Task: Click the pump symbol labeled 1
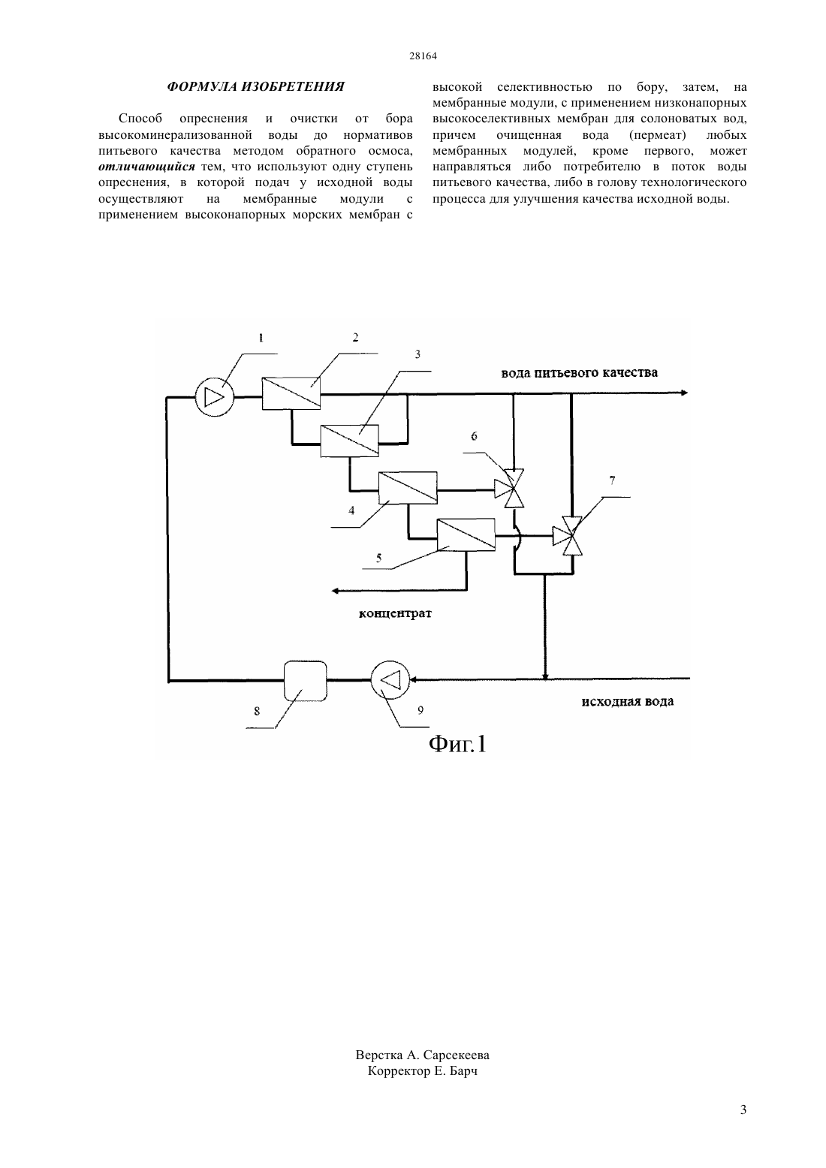click(x=214, y=397)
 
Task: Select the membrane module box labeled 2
click(x=291, y=393)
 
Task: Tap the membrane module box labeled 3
click(x=349, y=441)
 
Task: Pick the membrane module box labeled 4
click(x=408, y=487)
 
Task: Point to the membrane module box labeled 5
click(x=466, y=534)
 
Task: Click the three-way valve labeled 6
click(x=514, y=489)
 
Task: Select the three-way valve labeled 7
click(x=571, y=535)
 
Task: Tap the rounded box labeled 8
click(x=305, y=681)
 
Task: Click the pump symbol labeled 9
click(x=390, y=680)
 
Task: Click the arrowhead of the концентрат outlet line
click(x=336, y=590)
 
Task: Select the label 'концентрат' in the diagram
click(x=395, y=613)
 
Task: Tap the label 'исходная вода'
click(x=627, y=701)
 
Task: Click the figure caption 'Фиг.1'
click(x=457, y=744)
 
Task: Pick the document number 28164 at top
click(x=423, y=56)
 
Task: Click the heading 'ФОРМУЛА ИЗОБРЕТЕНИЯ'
click(x=255, y=86)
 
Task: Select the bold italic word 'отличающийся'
click(x=146, y=167)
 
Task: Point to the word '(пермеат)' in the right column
click(x=657, y=135)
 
